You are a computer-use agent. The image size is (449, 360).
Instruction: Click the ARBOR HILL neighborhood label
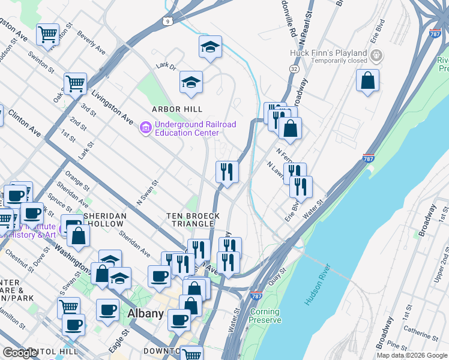[x=176, y=109]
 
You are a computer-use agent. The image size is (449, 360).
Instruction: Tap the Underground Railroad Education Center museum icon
[x=145, y=128]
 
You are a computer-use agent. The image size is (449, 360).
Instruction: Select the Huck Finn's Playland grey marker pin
[x=376, y=57]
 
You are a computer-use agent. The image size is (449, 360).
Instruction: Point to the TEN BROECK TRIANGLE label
[x=193, y=220]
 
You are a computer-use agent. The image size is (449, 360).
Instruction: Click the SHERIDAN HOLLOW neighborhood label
[x=105, y=220]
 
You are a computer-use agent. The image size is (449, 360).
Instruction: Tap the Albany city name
[x=145, y=314]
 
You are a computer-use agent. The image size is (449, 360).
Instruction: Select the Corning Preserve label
[x=265, y=316]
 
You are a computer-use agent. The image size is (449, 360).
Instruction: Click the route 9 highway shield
[x=166, y=22]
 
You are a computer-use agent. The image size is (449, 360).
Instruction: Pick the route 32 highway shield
[x=294, y=69]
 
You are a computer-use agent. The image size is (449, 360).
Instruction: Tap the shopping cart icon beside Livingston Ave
[x=47, y=34]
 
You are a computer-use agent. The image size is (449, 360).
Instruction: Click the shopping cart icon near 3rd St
[x=75, y=83]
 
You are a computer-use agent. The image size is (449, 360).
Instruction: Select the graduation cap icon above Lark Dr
[x=210, y=46]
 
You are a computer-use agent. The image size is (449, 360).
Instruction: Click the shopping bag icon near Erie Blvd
[x=367, y=80]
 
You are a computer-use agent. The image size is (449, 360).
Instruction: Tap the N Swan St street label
[x=148, y=191]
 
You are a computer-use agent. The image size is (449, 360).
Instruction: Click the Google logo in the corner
[x=20, y=353]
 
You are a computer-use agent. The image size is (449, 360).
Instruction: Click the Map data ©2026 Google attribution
[x=411, y=355]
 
